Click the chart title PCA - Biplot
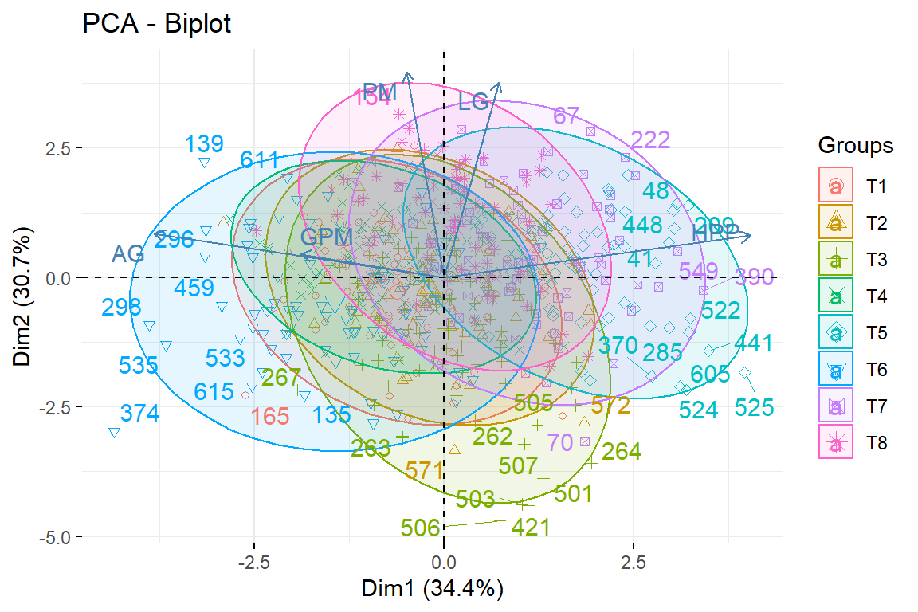pyautogui.click(x=156, y=25)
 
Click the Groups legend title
pyautogui.click(x=855, y=147)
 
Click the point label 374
pyautogui.click(x=140, y=414)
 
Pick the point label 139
pyautogui.click(x=204, y=145)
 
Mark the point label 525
pyautogui.click(x=754, y=409)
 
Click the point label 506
pyautogui.click(x=421, y=528)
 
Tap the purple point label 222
pyautogui.click(x=650, y=140)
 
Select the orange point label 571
pyautogui.click(x=424, y=471)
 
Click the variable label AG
pyautogui.click(x=127, y=254)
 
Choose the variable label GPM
pyautogui.click(x=327, y=237)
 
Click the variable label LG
pyautogui.click(x=473, y=102)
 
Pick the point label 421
pyautogui.click(x=531, y=528)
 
